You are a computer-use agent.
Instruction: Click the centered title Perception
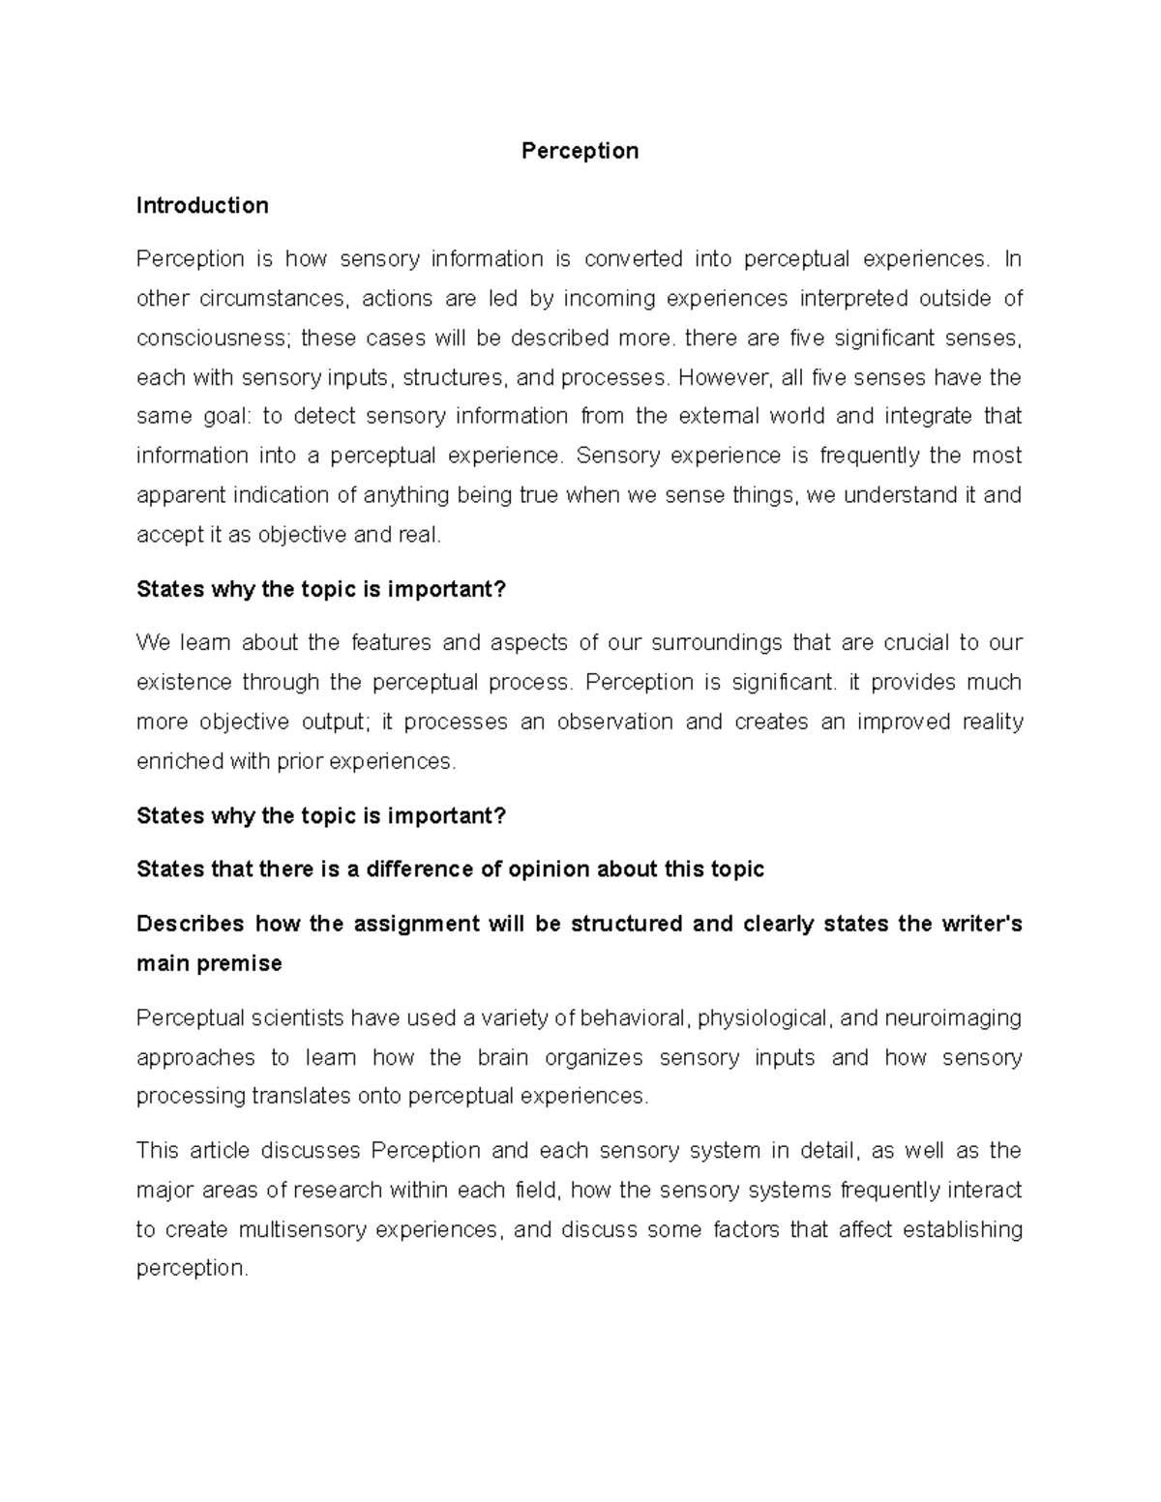(x=580, y=151)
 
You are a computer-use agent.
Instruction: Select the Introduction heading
(x=202, y=205)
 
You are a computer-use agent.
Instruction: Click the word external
(x=719, y=416)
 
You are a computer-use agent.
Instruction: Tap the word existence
(x=183, y=682)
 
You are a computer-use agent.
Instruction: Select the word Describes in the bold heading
(x=190, y=924)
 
